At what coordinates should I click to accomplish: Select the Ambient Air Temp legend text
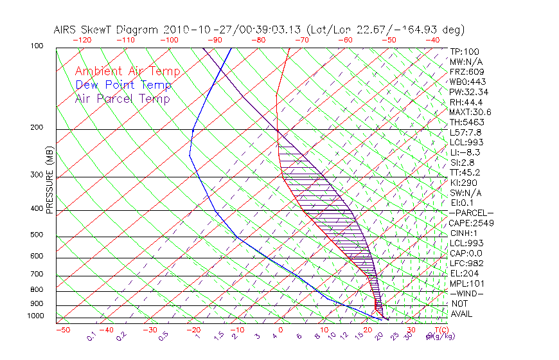click(127, 71)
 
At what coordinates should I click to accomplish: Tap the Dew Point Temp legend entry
click(123, 85)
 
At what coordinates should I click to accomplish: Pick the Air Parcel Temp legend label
click(122, 98)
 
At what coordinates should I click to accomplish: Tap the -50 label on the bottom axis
click(62, 330)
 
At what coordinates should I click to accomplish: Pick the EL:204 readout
click(463, 273)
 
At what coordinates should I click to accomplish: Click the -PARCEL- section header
click(472, 213)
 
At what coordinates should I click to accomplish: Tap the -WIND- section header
click(466, 293)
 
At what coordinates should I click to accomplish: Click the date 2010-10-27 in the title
click(195, 30)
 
